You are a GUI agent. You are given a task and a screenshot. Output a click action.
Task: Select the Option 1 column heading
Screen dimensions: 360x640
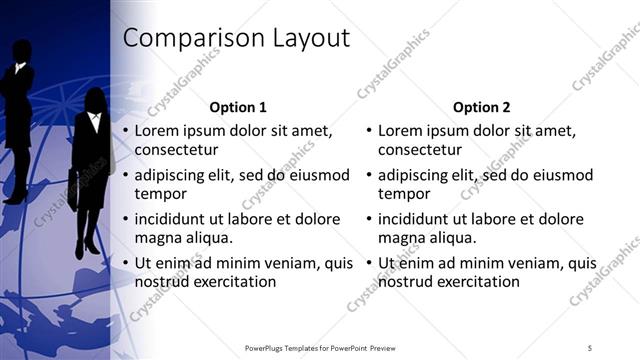238,107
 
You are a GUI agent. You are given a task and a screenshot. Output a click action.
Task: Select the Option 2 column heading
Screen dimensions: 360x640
481,107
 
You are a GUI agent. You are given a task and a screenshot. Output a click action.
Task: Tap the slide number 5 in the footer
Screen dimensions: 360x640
590,347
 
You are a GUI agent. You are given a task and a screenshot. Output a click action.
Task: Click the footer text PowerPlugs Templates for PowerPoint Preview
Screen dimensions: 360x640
319,347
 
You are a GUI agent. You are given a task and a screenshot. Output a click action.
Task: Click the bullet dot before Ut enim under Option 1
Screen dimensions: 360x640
125,264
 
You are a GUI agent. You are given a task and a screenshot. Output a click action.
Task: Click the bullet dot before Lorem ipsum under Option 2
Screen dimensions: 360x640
368,131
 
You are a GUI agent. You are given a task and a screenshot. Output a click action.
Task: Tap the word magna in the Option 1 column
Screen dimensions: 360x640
158,238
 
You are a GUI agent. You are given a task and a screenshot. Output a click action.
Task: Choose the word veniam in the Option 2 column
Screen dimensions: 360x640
533,264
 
